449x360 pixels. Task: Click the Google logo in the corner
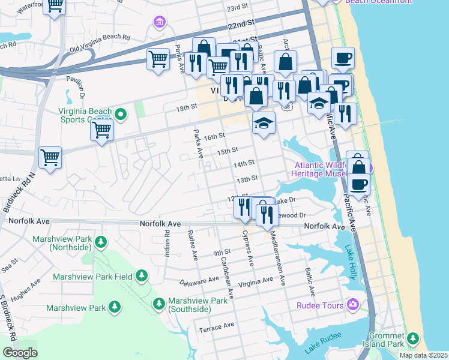[x=20, y=353]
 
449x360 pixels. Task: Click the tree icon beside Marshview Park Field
[x=141, y=275]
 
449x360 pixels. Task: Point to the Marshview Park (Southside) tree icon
[x=158, y=304]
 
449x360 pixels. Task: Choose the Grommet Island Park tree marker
[x=412, y=338]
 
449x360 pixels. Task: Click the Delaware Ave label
[x=200, y=280]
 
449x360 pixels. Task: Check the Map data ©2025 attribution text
[x=424, y=355]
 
